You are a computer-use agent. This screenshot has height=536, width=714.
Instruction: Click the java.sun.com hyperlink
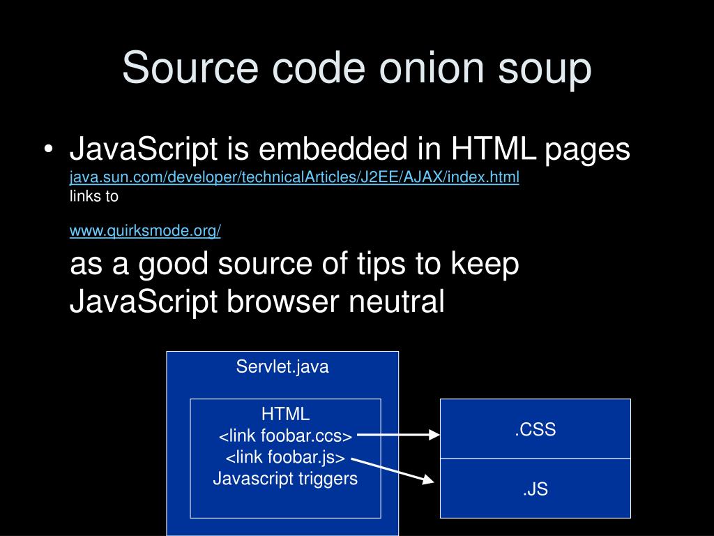coord(294,177)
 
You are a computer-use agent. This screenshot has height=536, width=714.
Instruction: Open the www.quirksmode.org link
coord(145,231)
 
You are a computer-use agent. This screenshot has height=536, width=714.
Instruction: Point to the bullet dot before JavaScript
coord(48,151)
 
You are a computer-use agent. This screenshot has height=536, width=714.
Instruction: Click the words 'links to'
coord(94,196)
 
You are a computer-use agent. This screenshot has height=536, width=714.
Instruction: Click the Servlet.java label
coord(282,367)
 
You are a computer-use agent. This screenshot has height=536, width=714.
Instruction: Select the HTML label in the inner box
coord(285,414)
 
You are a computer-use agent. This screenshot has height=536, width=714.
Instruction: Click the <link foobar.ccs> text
coord(285,436)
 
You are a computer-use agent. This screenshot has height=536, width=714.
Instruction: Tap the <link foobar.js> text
coord(285,458)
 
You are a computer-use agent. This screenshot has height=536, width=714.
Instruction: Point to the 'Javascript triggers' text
coord(285,479)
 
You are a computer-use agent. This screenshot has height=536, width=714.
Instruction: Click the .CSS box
coord(535,429)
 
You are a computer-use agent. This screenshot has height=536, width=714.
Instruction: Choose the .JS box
coord(535,489)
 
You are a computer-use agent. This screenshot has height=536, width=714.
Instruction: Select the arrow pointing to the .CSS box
coord(398,435)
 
